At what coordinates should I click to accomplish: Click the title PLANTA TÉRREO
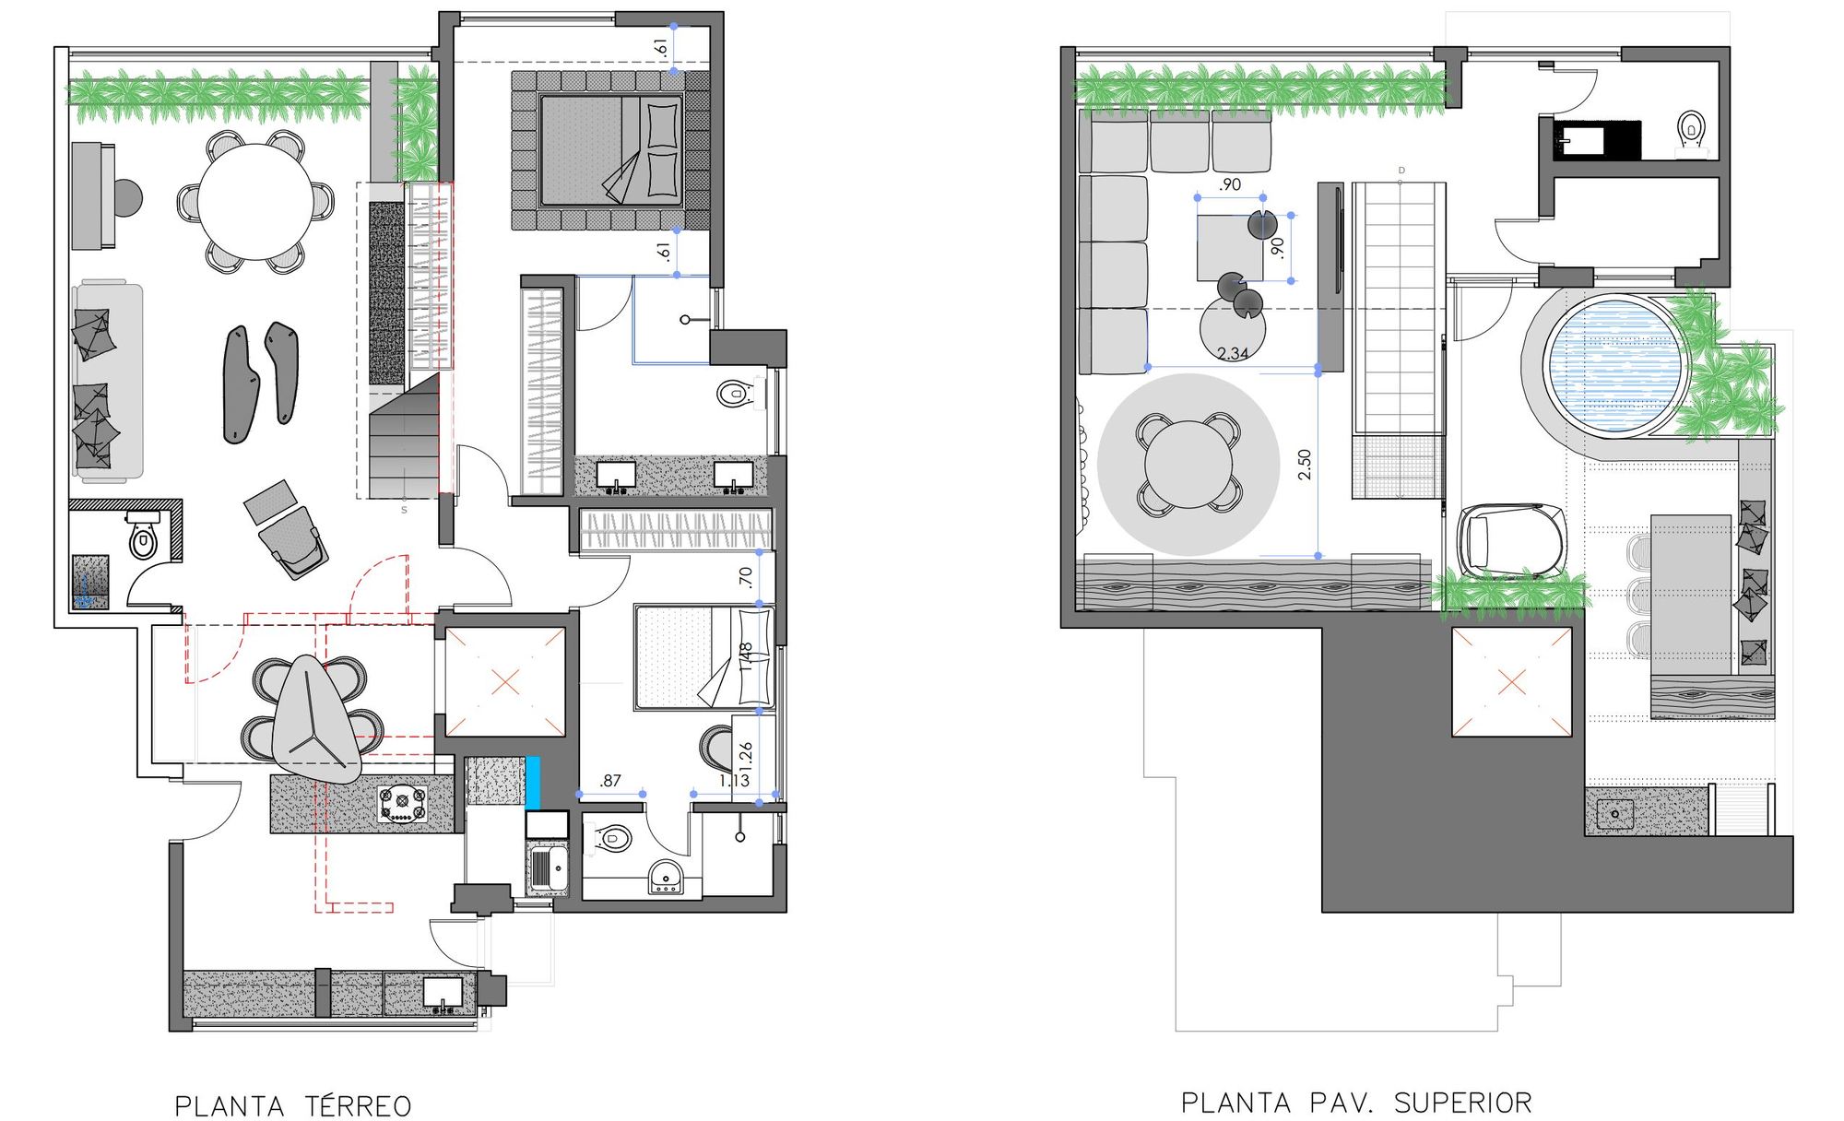[x=292, y=1105]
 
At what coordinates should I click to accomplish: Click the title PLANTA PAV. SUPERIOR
[x=1355, y=1103]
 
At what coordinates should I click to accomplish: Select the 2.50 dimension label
[x=1304, y=464]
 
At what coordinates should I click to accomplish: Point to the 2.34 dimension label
[x=1233, y=353]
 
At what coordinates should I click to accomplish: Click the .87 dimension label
[x=610, y=781]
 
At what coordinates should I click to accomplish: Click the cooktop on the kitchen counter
[x=403, y=803]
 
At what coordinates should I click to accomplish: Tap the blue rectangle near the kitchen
[x=532, y=783]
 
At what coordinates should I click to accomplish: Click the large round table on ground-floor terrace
[x=255, y=202]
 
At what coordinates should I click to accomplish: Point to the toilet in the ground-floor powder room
[x=143, y=541]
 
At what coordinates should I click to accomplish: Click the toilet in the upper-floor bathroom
[x=1691, y=128]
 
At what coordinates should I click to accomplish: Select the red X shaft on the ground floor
[x=504, y=682]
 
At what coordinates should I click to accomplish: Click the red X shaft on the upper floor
[x=1511, y=682]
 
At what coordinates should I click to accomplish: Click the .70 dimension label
[x=746, y=578]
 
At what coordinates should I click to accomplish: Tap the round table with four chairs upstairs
[x=1188, y=465]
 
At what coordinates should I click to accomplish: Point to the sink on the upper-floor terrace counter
[x=1615, y=814]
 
